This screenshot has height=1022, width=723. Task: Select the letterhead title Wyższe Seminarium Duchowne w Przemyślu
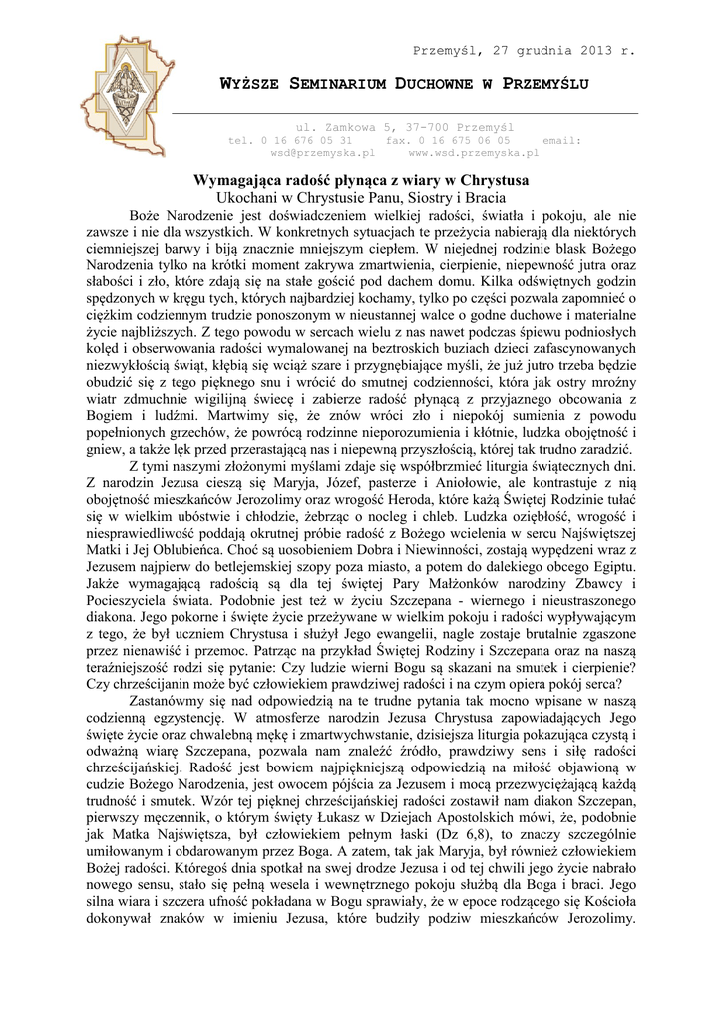click(x=404, y=83)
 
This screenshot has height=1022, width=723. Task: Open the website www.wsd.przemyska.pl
click(x=473, y=154)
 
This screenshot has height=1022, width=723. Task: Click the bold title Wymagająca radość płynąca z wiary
click(x=360, y=180)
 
